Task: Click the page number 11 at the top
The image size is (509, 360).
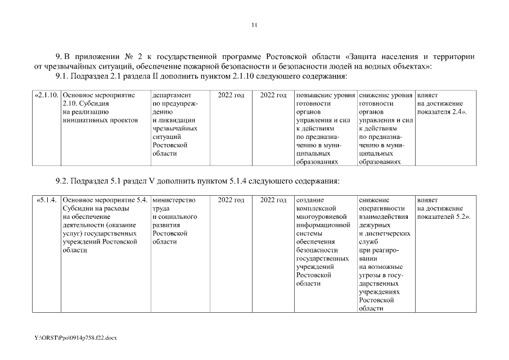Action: [254, 25]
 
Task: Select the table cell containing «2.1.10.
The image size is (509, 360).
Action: [47, 96]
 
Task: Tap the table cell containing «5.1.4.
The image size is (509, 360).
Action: [47, 200]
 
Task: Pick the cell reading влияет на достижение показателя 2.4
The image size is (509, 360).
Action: [443, 104]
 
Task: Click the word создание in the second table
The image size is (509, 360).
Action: [309, 200]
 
